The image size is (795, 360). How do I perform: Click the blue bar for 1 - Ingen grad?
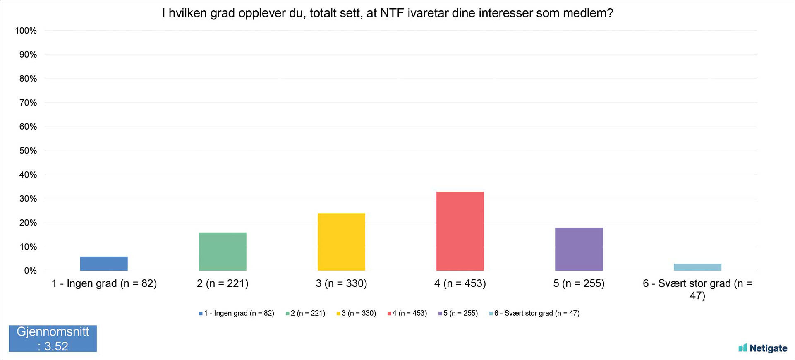[104, 264]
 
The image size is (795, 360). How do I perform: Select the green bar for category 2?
[223, 252]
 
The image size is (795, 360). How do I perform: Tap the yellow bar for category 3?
[341, 242]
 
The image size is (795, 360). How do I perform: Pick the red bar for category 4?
[460, 231]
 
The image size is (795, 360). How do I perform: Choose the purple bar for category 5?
[579, 249]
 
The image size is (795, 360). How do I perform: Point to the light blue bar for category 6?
[697, 267]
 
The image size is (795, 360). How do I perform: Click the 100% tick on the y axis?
[26, 31]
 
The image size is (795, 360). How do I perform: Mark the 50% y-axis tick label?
[28, 151]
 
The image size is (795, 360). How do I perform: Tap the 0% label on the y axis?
[30, 271]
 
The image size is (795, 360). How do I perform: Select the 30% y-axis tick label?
[28, 199]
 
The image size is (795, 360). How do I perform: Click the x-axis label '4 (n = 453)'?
[460, 283]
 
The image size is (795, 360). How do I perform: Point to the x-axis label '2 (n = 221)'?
[223, 283]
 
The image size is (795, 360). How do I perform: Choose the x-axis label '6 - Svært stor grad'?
[687, 283]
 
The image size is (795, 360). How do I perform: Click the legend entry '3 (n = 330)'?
[356, 313]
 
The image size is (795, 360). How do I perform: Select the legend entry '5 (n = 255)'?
[458, 313]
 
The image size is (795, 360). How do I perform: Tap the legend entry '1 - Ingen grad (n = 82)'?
[236, 313]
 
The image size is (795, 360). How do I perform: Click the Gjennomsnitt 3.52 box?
[53, 338]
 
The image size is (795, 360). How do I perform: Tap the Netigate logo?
[763, 348]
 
